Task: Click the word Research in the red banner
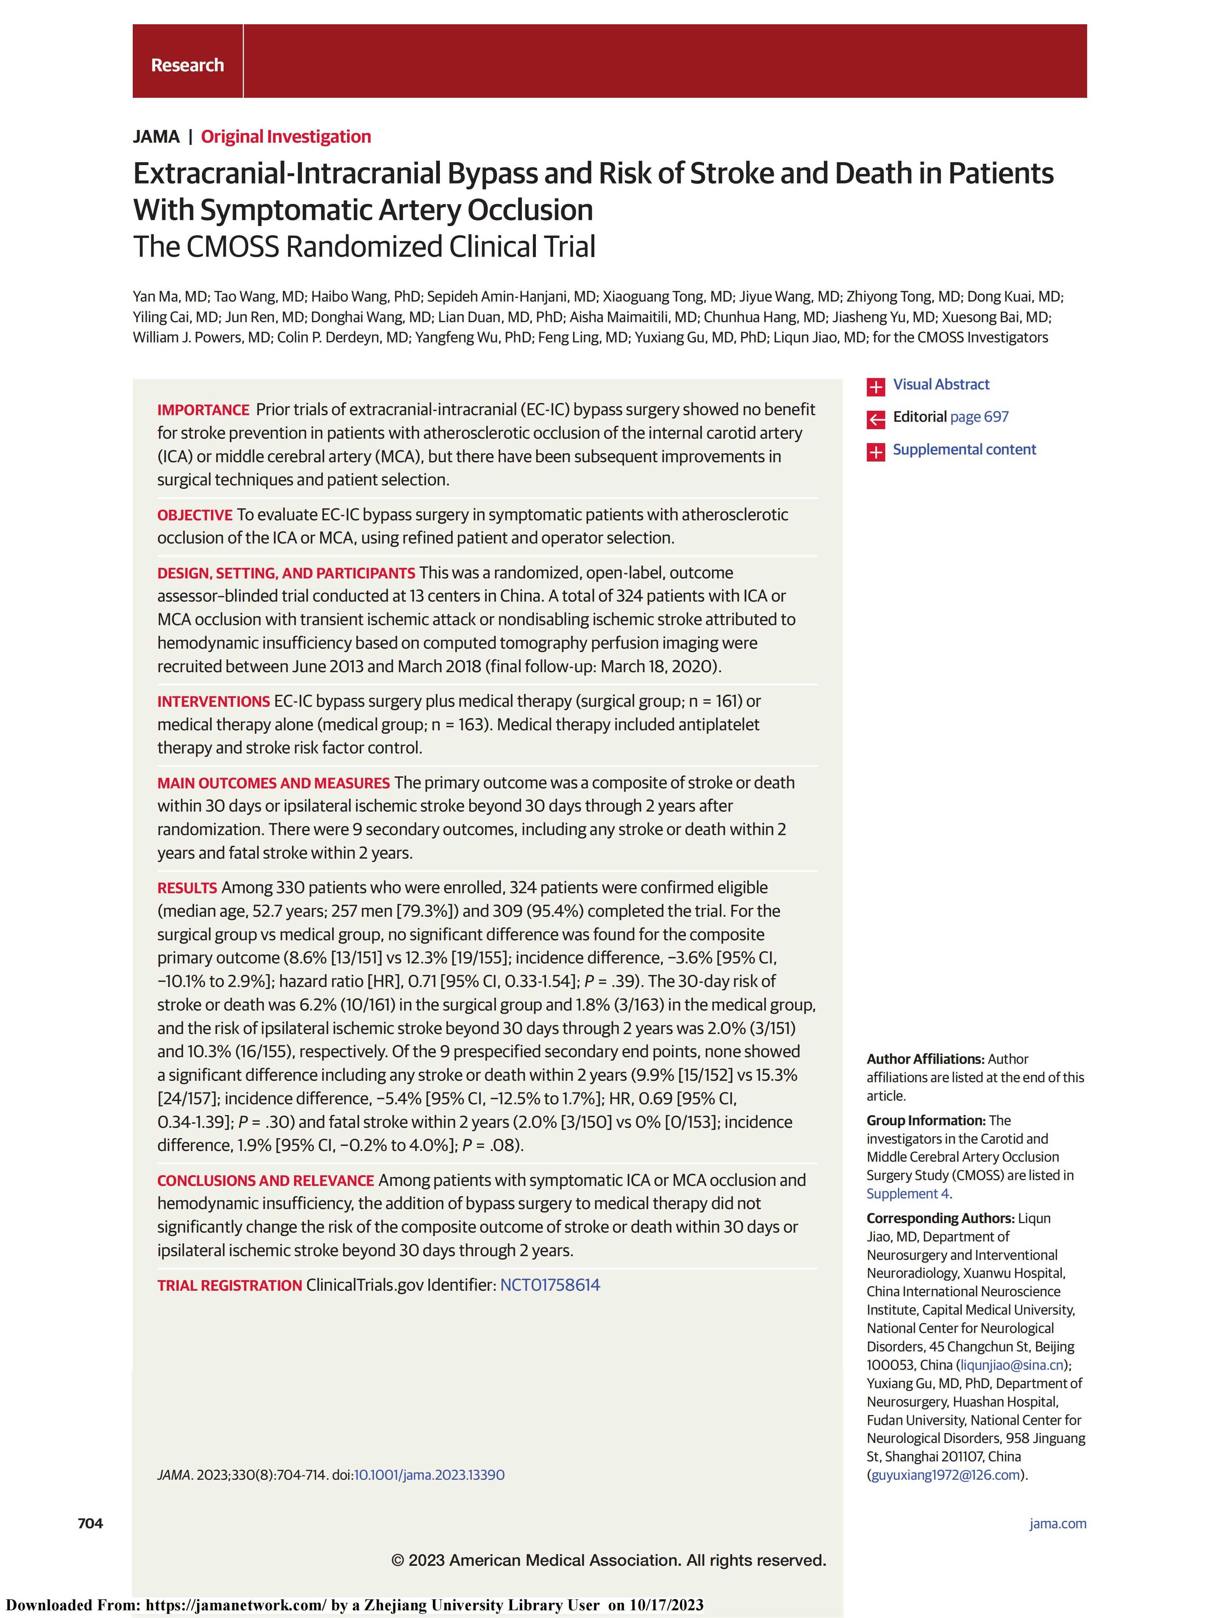coord(187,65)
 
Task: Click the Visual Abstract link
coord(941,385)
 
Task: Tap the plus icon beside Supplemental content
coord(876,451)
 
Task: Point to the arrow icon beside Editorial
coord(876,418)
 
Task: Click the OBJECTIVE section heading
coord(195,515)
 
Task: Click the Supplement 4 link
coord(907,1194)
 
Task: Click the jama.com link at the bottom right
coord(1057,1523)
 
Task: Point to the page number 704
coord(91,1523)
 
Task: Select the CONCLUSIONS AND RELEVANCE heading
coord(266,1180)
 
